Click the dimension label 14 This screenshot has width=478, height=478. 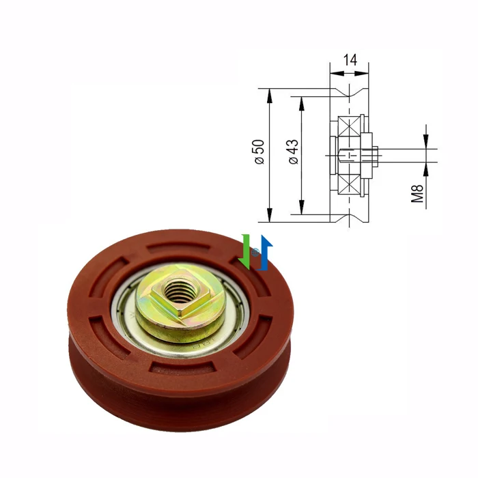(x=350, y=60)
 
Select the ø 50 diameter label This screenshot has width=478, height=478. (x=259, y=152)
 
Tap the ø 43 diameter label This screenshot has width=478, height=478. (x=294, y=152)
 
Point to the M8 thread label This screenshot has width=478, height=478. (x=417, y=193)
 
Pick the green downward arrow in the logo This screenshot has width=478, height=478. (x=244, y=252)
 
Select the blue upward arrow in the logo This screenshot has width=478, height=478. (x=264, y=253)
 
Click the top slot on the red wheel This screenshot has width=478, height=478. (x=179, y=247)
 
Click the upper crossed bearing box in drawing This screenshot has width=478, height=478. (x=349, y=128)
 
